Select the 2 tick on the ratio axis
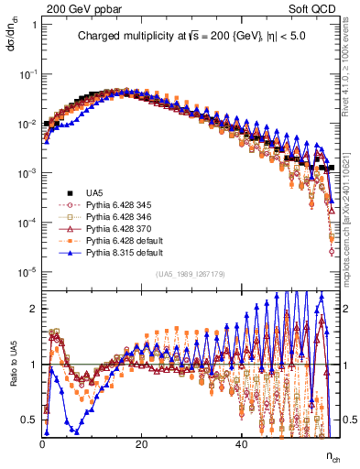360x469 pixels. (34, 309)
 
